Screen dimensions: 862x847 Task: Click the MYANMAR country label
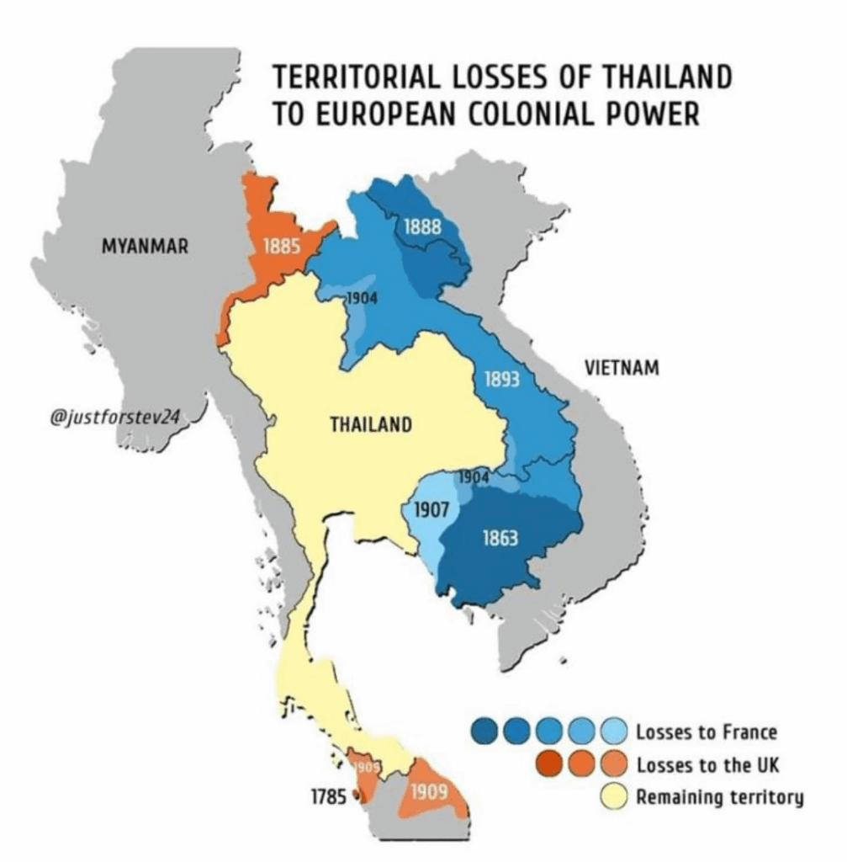coord(145,247)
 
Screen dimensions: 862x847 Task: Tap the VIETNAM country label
coord(621,368)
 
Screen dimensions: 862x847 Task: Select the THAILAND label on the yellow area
coord(370,424)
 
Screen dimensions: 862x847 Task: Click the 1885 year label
coord(278,247)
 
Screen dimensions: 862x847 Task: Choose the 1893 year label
coord(502,379)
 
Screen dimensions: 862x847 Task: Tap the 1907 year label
coord(430,509)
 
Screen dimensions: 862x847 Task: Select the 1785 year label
coord(331,795)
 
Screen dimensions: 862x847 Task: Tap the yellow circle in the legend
coord(616,797)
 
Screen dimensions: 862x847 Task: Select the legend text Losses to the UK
coord(708,764)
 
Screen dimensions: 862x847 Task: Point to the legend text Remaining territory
coord(719,797)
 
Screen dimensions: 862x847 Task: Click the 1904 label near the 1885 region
coord(362,298)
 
